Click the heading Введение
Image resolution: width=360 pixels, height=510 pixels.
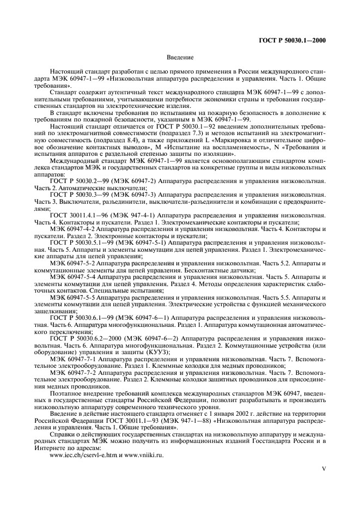[x=180, y=57]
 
